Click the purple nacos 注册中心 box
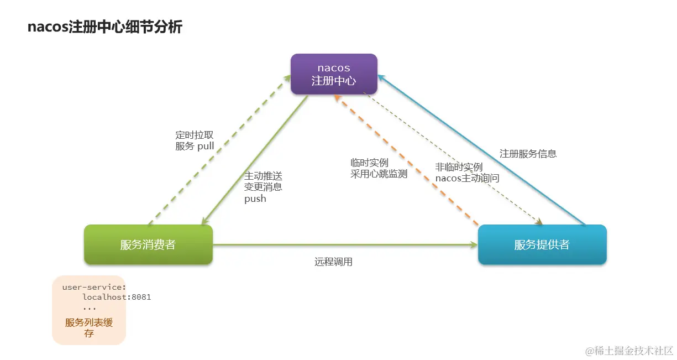[x=334, y=74]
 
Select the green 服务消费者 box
[x=148, y=244]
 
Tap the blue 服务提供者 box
[x=542, y=244]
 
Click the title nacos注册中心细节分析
[x=104, y=27]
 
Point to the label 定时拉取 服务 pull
[x=195, y=140]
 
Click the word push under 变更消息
[x=255, y=199]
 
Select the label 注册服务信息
[x=528, y=154]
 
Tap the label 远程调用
[x=333, y=262]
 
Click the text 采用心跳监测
[x=379, y=174]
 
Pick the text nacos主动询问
[x=467, y=178]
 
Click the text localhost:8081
[x=117, y=297]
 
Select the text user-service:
[x=94, y=287]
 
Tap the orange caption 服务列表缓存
[x=89, y=328]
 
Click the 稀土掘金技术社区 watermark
[x=629, y=350]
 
